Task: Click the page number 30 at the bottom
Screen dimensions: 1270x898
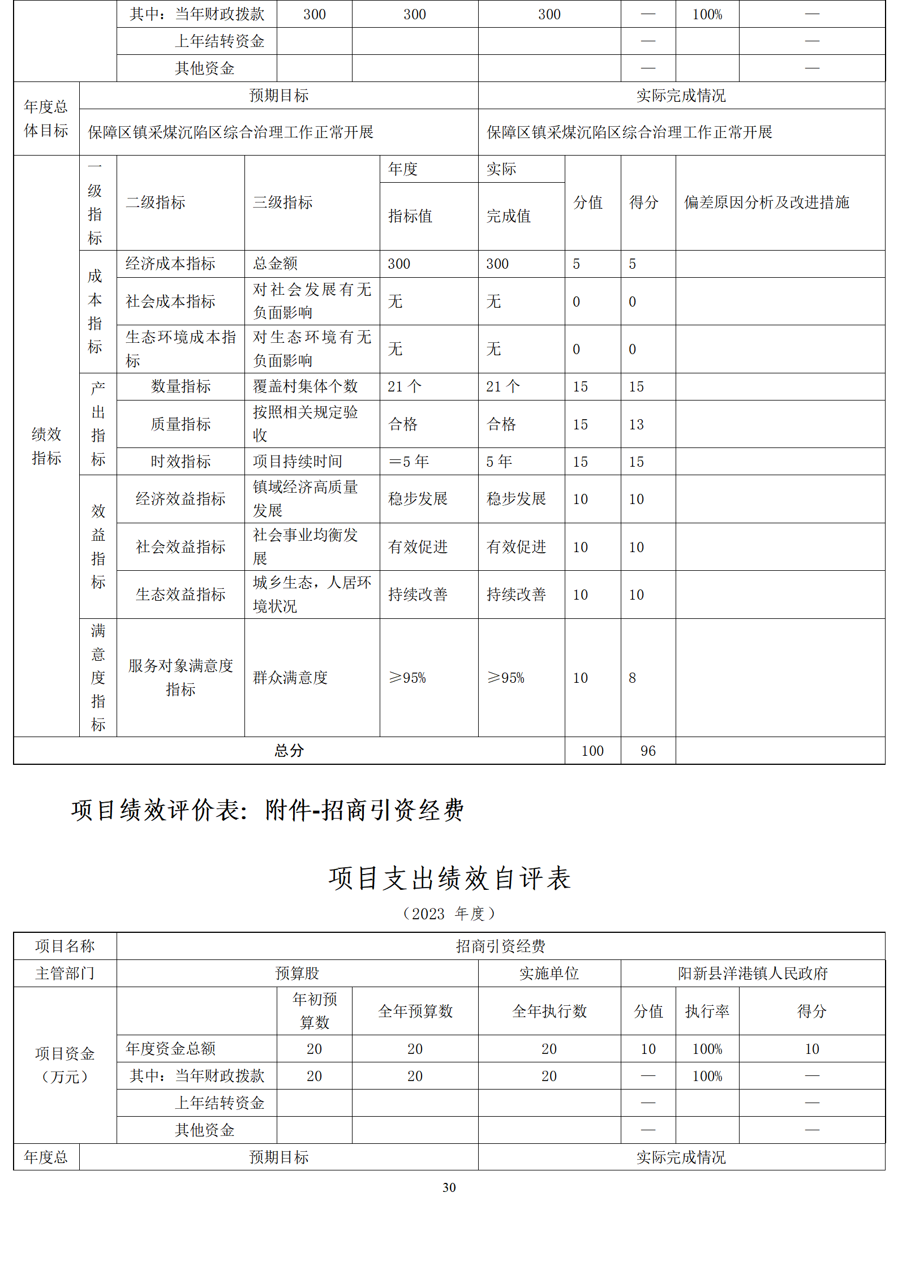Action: coord(449,1187)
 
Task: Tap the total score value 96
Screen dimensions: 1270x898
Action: coord(648,751)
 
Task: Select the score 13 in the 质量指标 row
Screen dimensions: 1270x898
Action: coord(637,424)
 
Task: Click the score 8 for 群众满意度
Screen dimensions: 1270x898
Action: coord(633,678)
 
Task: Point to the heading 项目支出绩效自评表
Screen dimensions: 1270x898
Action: coord(449,879)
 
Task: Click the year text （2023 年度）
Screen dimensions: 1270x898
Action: coord(449,914)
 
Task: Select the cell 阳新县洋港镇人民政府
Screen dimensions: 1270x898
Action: coord(753,973)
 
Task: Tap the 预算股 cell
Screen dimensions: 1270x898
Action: coord(297,973)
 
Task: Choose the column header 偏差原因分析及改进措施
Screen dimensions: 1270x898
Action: coord(767,203)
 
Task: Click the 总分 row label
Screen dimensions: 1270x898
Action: coord(289,751)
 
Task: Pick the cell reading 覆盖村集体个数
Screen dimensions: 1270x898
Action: coord(306,386)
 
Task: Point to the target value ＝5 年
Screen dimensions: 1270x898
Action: coord(409,462)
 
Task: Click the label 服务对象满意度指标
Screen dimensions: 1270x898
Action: coord(181,678)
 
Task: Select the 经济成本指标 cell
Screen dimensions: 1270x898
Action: coord(170,264)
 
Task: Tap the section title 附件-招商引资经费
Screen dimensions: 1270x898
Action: coord(364,810)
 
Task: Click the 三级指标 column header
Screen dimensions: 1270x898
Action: coord(283,203)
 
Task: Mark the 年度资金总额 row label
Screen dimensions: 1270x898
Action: coord(171,1049)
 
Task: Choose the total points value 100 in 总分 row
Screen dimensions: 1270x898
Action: coord(592,751)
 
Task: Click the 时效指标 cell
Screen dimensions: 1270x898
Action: coord(181,462)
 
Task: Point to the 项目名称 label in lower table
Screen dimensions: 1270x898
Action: coord(65,946)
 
